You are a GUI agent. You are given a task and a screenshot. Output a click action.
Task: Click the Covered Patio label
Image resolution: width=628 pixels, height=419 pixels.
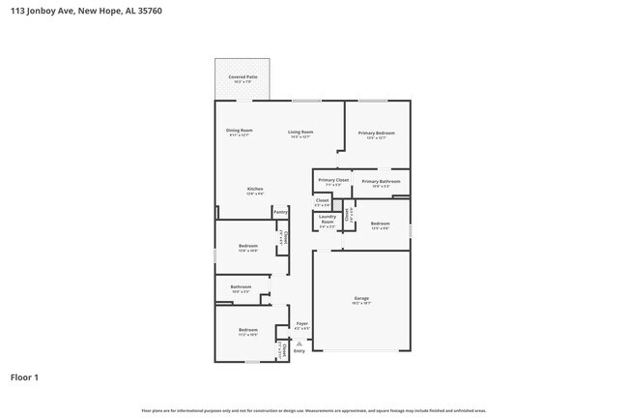[x=243, y=76]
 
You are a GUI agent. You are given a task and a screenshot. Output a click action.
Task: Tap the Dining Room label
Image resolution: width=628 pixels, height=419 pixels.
[x=240, y=131]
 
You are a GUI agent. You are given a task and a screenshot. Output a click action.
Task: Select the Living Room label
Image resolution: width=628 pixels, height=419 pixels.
[x=300, y=132]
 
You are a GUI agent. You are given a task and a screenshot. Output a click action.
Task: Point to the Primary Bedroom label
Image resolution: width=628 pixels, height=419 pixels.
[x=377, y=133]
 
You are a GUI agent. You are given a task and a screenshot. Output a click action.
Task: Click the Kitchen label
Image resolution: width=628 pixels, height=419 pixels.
[x=254, y=189]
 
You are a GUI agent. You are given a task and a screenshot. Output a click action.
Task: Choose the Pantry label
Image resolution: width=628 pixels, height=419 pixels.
[x=280, y=211]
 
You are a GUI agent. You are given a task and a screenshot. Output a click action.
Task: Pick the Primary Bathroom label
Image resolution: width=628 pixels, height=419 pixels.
[x=382, y=181]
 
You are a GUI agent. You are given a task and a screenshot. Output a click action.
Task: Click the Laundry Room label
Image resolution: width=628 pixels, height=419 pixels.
[x=327, y=217]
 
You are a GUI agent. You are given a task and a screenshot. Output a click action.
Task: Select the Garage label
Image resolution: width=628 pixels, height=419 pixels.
[x=361, y=298]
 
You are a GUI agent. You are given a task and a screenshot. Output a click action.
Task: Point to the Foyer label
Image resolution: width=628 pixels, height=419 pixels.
[x=301, y=323]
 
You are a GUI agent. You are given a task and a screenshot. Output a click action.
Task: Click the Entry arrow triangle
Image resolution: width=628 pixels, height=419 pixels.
[x=300, y=343]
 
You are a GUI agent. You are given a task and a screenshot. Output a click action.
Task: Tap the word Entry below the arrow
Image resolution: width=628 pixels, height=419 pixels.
[x=300, y=350]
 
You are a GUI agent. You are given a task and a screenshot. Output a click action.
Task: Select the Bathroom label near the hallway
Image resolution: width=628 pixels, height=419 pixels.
[x=241, y=286]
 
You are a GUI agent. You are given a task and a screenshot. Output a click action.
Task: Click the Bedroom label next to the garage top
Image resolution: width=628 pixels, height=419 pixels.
[x=380, y=224]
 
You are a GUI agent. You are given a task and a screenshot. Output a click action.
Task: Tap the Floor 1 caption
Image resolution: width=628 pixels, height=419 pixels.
[x=25, y=377]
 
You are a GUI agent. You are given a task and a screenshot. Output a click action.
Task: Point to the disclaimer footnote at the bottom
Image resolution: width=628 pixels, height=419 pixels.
[x=313, y=410]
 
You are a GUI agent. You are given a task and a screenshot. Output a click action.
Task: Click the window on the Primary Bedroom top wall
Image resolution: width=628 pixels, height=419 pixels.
[x=373, y=101]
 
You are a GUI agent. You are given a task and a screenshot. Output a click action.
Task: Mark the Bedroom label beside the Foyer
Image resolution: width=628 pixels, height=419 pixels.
[x=248, y=330]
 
